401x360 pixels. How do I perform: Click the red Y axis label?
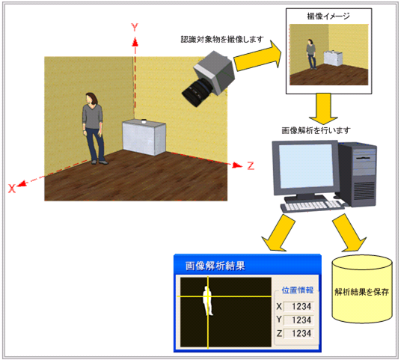pyautogui.click(x=135, y=27)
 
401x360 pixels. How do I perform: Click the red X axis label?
pyautogui.click(x=12, y=189)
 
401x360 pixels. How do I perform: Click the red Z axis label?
pyautogui.click(x=251, y=165)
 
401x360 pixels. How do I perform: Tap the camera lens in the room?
pyautogui.click(x=197, y=93)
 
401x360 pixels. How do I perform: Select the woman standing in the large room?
pyautogui.click(x=94, y=128)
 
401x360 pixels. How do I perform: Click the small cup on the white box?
pyautogui.click(x=144, y=121)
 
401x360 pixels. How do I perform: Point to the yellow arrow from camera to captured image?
pyautogui.click(x=258, y=58)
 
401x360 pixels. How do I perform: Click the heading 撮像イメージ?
pyautogui.click(x=328, y=16)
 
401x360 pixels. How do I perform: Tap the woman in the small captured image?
pyautogui.click(x=311, y=54)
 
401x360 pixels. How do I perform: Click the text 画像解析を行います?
pyautogui.click(x=316, y=130)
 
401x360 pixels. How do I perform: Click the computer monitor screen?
pyautogui.click(x=306, y=166)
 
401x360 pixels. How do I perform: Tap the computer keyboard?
pyautogui.click(x=313, y=206)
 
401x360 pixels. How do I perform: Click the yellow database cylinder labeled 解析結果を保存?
pyautogui.click(x=362, y=289)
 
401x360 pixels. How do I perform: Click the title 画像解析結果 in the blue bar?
pyautogui.click(x=215, y=266)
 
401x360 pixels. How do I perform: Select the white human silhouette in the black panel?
pyautogui.click(x=208, y=301)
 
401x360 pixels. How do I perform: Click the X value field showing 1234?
pyautogui.click(x=299, y=306)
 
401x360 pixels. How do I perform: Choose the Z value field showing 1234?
pyautogui.click(x=299, y=333)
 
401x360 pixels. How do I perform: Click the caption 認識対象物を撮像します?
pyautogui.click(x=222, y=39)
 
